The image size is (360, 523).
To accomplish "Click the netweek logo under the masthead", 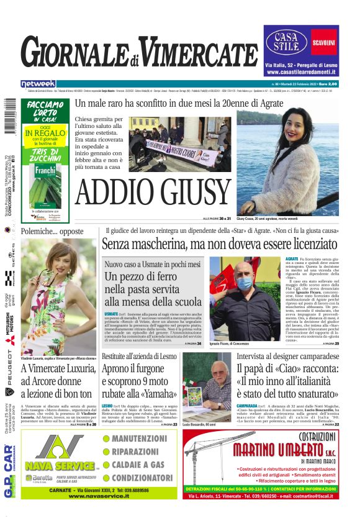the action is (x=38, y=83).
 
